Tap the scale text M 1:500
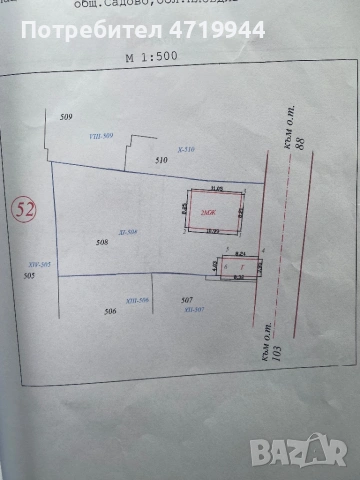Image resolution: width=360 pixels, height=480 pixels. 151,57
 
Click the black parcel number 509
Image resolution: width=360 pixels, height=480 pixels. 67,118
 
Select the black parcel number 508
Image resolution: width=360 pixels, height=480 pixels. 101,243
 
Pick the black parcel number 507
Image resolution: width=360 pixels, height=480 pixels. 186,300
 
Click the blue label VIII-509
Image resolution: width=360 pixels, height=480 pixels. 103,135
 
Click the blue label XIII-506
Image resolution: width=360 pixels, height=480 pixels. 138,301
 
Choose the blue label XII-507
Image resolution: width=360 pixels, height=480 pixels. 195,310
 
